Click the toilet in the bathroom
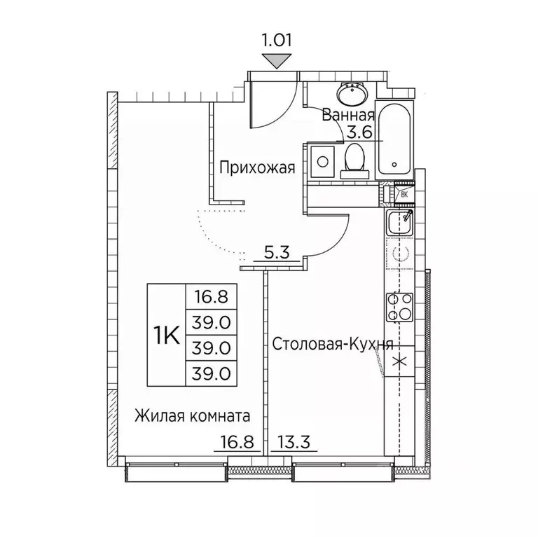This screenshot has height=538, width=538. tap(353, 160)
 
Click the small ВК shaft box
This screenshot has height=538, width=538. tap(403, 194)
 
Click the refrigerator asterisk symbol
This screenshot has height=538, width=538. tap(400, 362)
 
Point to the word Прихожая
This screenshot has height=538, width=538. tap(253, 167)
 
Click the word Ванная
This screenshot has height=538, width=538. tap(347, 116)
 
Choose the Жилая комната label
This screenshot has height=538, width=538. tap(192, 416)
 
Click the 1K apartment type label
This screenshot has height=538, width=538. tap(165, 335)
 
